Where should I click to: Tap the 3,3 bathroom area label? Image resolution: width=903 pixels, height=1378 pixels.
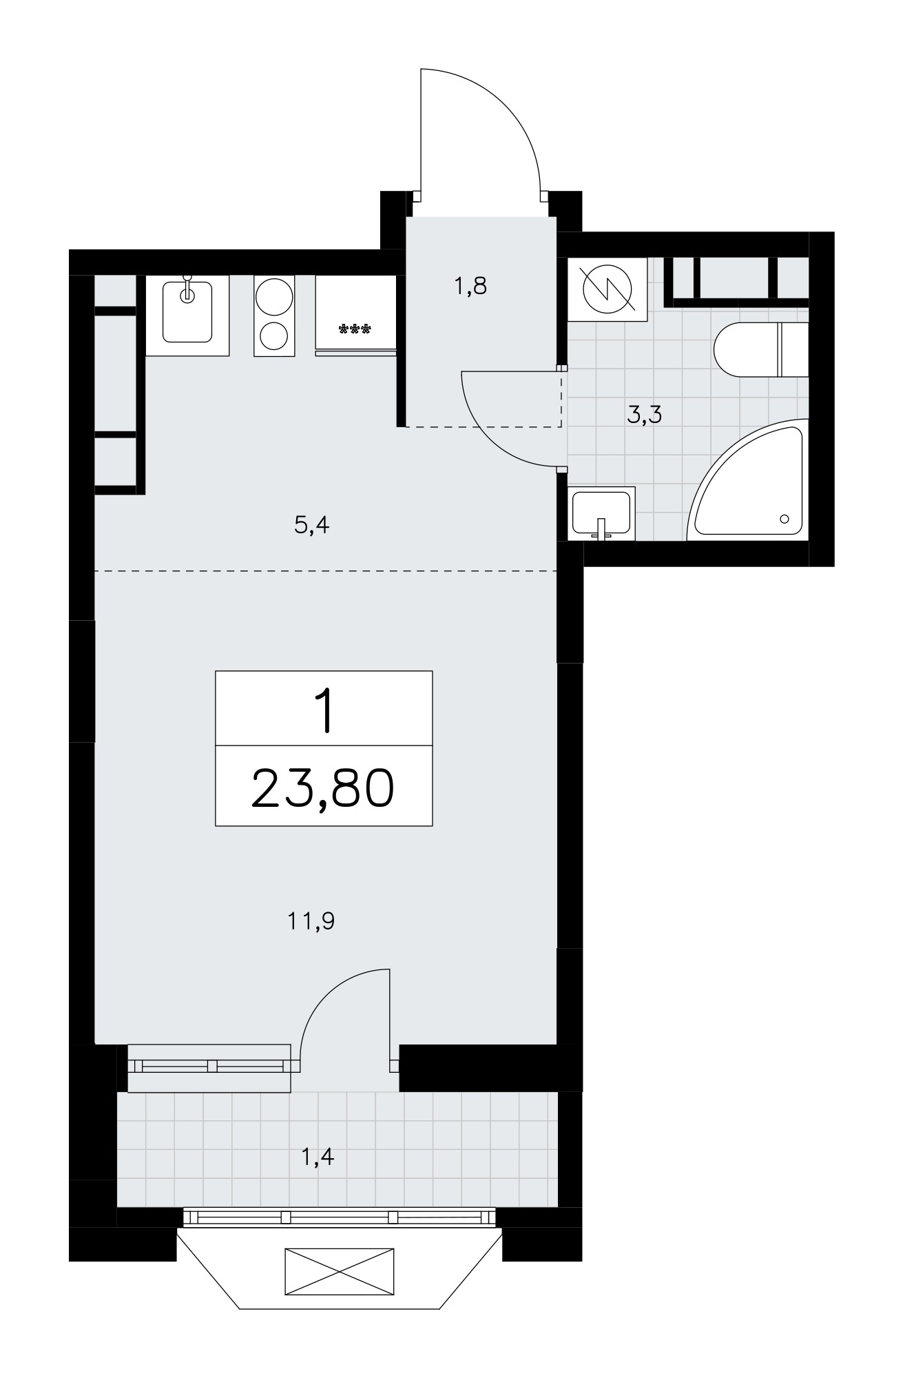pos(645,415)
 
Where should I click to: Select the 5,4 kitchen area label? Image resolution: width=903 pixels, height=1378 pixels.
pos(312,526)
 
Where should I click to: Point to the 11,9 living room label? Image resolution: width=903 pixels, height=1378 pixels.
pos(311,921)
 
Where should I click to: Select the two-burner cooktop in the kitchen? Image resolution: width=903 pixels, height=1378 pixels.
pos(274,315)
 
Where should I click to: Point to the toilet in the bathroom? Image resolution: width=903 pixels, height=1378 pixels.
pos(760,349)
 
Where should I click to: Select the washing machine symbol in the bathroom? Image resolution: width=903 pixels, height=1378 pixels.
pos(608,289)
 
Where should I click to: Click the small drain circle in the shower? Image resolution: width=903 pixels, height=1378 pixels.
pos(785,519)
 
